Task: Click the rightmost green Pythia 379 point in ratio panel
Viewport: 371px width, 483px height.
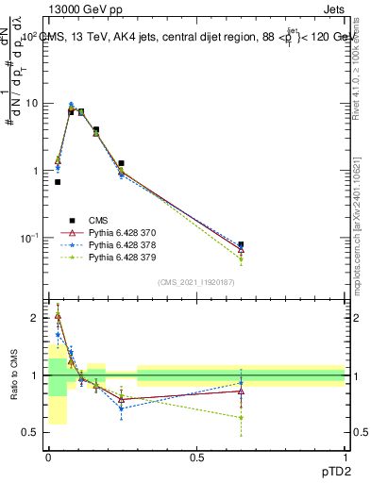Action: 241,417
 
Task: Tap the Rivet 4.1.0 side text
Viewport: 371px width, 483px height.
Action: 360,66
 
